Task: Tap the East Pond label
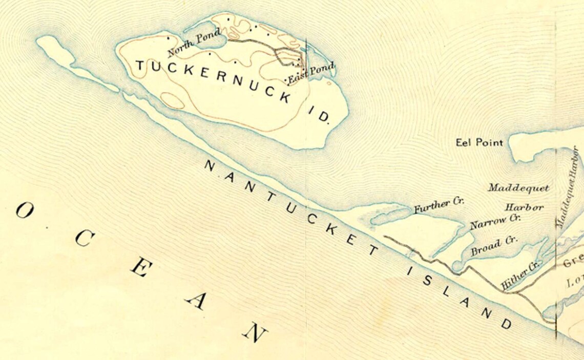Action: coord(310,73)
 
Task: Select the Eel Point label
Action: coord(479,142)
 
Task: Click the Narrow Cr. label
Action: coord(495,221)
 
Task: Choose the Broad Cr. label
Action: coord(494,245)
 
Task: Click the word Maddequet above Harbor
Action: coord(518,188)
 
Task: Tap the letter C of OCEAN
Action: coord(84,241)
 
